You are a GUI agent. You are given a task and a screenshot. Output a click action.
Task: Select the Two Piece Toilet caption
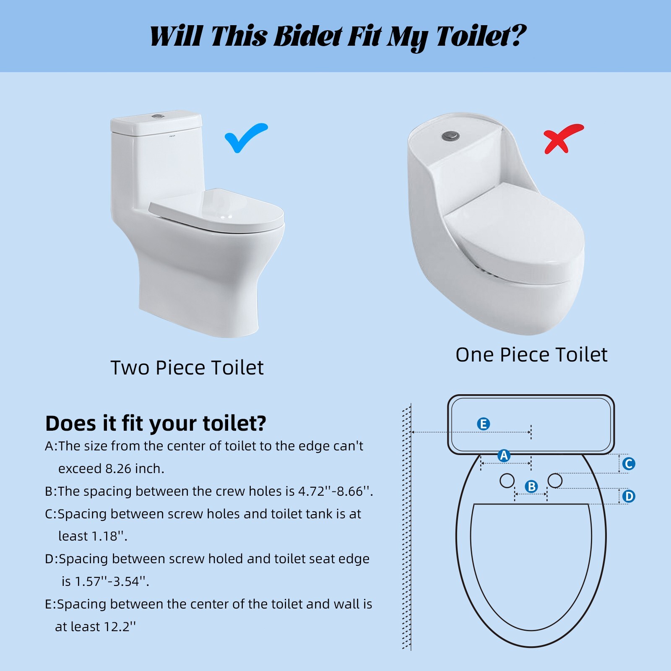coord(187,368)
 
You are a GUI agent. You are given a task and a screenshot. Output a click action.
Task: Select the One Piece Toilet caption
coord(531,355)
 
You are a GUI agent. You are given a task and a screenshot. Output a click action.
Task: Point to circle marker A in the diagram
coord(504,455)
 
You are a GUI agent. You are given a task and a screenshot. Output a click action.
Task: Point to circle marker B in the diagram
coord(531,486)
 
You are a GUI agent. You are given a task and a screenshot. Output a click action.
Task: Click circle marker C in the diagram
coord(628,464)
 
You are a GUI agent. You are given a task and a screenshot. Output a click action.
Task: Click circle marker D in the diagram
coord(628,497)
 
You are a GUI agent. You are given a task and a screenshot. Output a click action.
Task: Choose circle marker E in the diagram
coord(483,424)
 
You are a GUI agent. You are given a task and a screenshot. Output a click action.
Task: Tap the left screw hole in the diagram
coord(507,481)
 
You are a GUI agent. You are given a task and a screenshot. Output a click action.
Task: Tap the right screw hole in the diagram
coord(555,481)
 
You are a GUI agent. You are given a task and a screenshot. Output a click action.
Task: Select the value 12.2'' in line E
coord(120,627)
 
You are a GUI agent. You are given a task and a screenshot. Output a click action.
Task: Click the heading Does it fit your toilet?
coord(156,423)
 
